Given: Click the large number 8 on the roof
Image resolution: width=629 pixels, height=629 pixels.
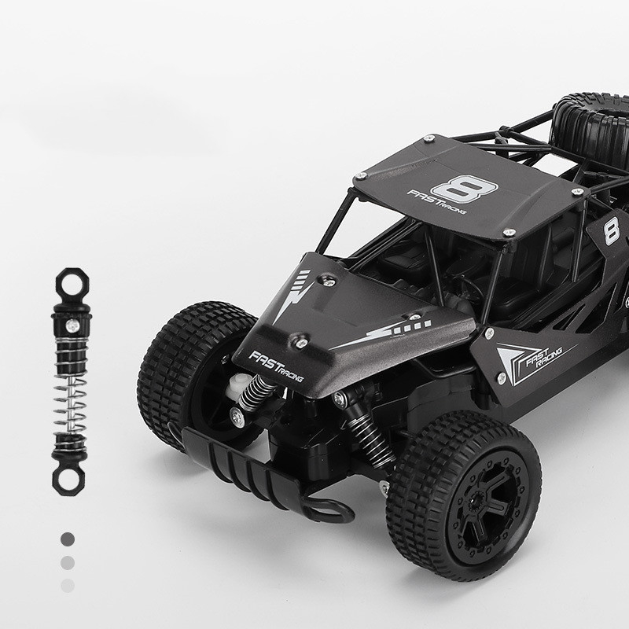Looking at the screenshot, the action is pos(465,189).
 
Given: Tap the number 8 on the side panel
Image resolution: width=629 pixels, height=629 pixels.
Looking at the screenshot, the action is pos(612,230).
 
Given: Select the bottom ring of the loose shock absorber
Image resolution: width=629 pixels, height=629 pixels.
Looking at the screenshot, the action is pos(68,480).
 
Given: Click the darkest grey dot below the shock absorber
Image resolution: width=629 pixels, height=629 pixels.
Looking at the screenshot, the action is pos(68,539).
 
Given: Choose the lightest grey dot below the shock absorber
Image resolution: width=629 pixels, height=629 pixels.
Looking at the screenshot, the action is pos(68,586).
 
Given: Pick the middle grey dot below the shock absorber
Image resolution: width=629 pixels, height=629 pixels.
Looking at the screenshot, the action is pos(68,563).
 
